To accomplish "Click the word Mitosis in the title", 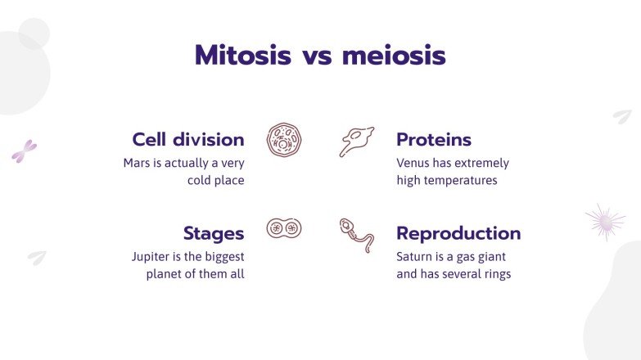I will [242, 56].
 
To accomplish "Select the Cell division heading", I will [188, 139].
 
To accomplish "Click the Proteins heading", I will [434, 139].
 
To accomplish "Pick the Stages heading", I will [214, 233].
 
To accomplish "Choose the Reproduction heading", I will [458, 233].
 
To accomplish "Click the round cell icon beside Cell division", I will [282, 139].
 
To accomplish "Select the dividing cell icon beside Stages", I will [282, 227].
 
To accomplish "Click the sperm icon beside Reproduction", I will [357, 235].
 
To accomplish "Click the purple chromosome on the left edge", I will [24, 151].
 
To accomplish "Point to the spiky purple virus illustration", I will [604, 222].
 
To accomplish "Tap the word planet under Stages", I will [166, 274].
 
